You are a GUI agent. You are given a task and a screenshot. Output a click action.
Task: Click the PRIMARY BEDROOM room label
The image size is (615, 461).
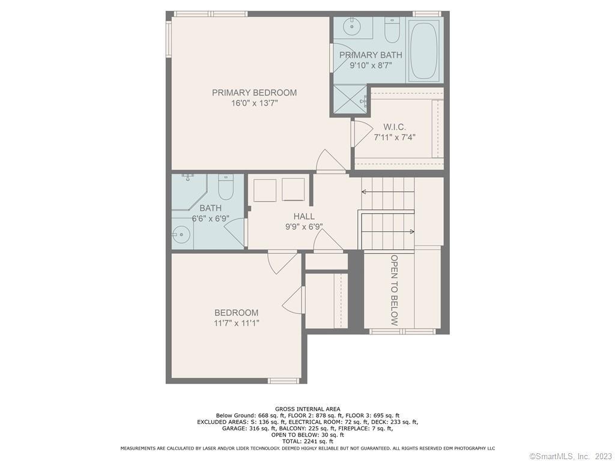254,93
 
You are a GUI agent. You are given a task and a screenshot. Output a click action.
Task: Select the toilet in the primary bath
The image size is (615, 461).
392,30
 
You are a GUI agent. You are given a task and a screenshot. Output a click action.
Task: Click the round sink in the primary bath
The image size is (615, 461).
351,26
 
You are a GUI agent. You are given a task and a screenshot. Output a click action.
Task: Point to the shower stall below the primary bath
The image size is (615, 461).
350,98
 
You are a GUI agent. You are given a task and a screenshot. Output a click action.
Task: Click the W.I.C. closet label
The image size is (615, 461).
394,127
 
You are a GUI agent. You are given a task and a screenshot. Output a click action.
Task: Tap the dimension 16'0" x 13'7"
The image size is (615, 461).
254,103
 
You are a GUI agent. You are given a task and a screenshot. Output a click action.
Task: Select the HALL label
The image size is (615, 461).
304,216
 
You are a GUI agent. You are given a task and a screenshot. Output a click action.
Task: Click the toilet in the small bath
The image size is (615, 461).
226,187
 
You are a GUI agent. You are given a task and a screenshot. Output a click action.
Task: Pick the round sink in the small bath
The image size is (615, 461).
181,235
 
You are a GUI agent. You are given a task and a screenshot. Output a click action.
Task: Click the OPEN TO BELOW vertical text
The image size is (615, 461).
394,291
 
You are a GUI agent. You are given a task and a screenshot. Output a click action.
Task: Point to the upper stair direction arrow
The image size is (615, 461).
388,192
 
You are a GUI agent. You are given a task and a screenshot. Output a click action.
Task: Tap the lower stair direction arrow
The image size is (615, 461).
388,232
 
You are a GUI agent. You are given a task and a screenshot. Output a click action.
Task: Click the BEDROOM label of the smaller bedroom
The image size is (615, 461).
236,313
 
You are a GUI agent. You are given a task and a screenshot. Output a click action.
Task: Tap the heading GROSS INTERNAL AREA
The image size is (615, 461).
307,409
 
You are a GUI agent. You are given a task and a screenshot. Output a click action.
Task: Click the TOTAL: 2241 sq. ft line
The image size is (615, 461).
307,441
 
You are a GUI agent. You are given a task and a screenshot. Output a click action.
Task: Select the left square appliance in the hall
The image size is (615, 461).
265,190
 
